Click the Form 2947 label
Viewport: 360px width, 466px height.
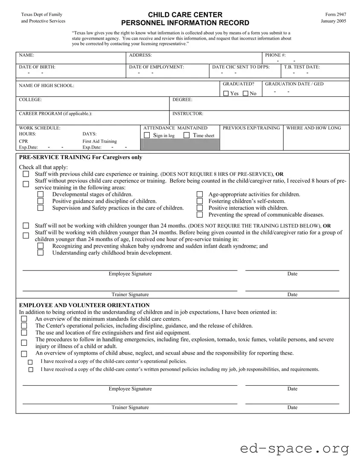335,15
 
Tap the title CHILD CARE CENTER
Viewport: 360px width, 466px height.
185,15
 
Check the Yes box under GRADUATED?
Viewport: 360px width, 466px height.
226,94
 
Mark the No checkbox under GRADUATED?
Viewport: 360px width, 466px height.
246,94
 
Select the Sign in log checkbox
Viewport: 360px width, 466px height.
147,135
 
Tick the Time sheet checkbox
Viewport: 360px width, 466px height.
187,135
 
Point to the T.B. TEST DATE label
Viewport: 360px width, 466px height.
302,67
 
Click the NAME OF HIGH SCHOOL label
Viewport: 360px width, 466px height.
46,86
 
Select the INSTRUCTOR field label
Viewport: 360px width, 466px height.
188,114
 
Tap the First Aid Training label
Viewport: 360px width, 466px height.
99,141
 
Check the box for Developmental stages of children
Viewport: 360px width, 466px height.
41,195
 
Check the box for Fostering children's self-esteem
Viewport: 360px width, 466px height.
200,201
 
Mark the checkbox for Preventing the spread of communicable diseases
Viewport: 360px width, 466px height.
200,215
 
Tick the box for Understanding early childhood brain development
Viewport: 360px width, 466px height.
41,253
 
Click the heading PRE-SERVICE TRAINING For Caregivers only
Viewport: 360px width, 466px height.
81,157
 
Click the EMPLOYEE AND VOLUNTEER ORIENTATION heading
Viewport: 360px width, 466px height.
84,305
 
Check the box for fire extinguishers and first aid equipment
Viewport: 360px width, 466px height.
24,332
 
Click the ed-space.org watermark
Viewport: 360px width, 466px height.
294,449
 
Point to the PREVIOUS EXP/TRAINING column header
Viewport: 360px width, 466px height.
251,128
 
